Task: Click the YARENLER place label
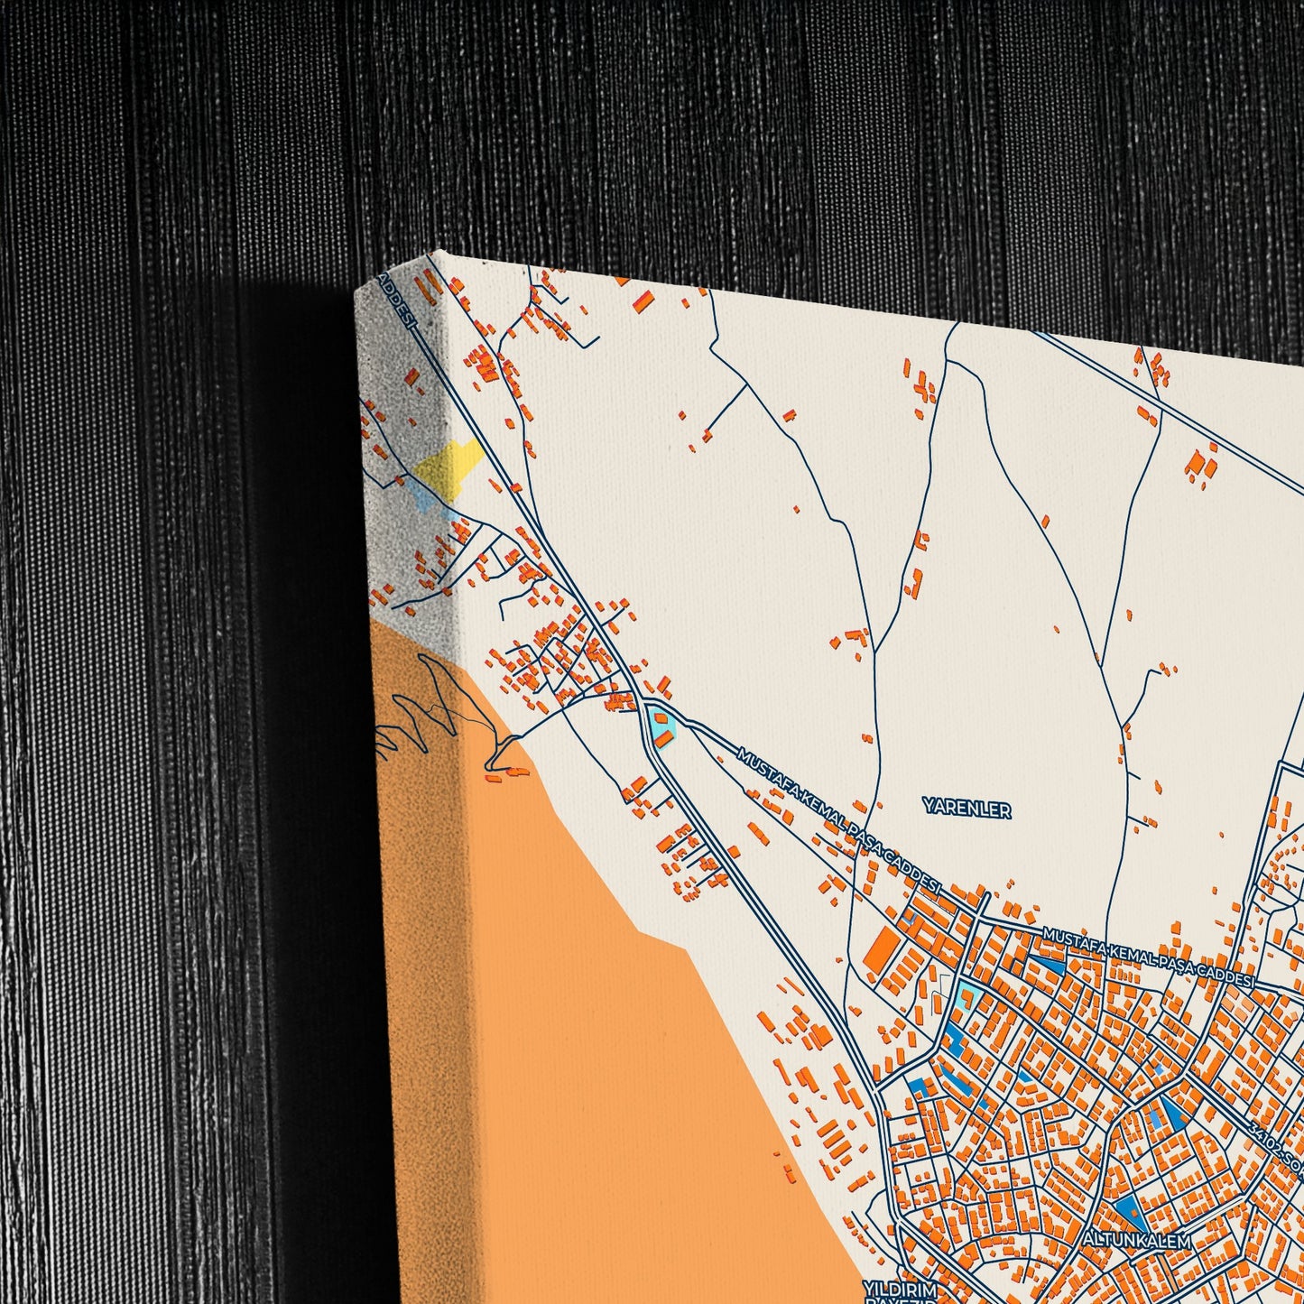[x=966, y=809]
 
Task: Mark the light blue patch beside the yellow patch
[x=419, y=493]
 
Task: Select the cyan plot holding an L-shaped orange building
[x=967, y=999]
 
